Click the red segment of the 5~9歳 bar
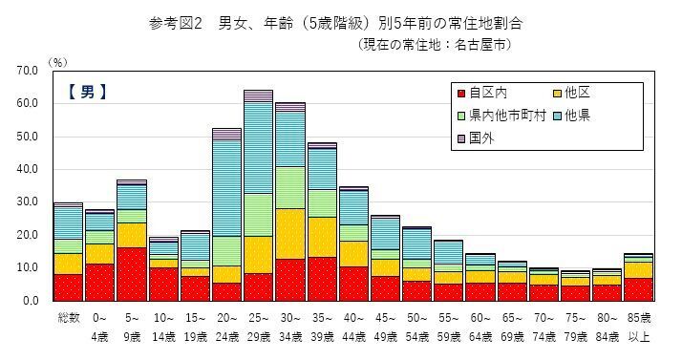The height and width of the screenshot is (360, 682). point(131,274)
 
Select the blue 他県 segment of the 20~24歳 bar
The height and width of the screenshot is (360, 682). point(226,187)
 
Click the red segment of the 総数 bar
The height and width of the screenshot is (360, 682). point(68,287)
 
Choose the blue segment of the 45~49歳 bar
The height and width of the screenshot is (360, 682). point(385,234)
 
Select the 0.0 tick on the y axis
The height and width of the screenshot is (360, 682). point(30,301)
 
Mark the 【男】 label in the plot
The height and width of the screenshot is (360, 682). point(87,93)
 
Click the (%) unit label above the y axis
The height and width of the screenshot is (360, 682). point(56,61)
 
